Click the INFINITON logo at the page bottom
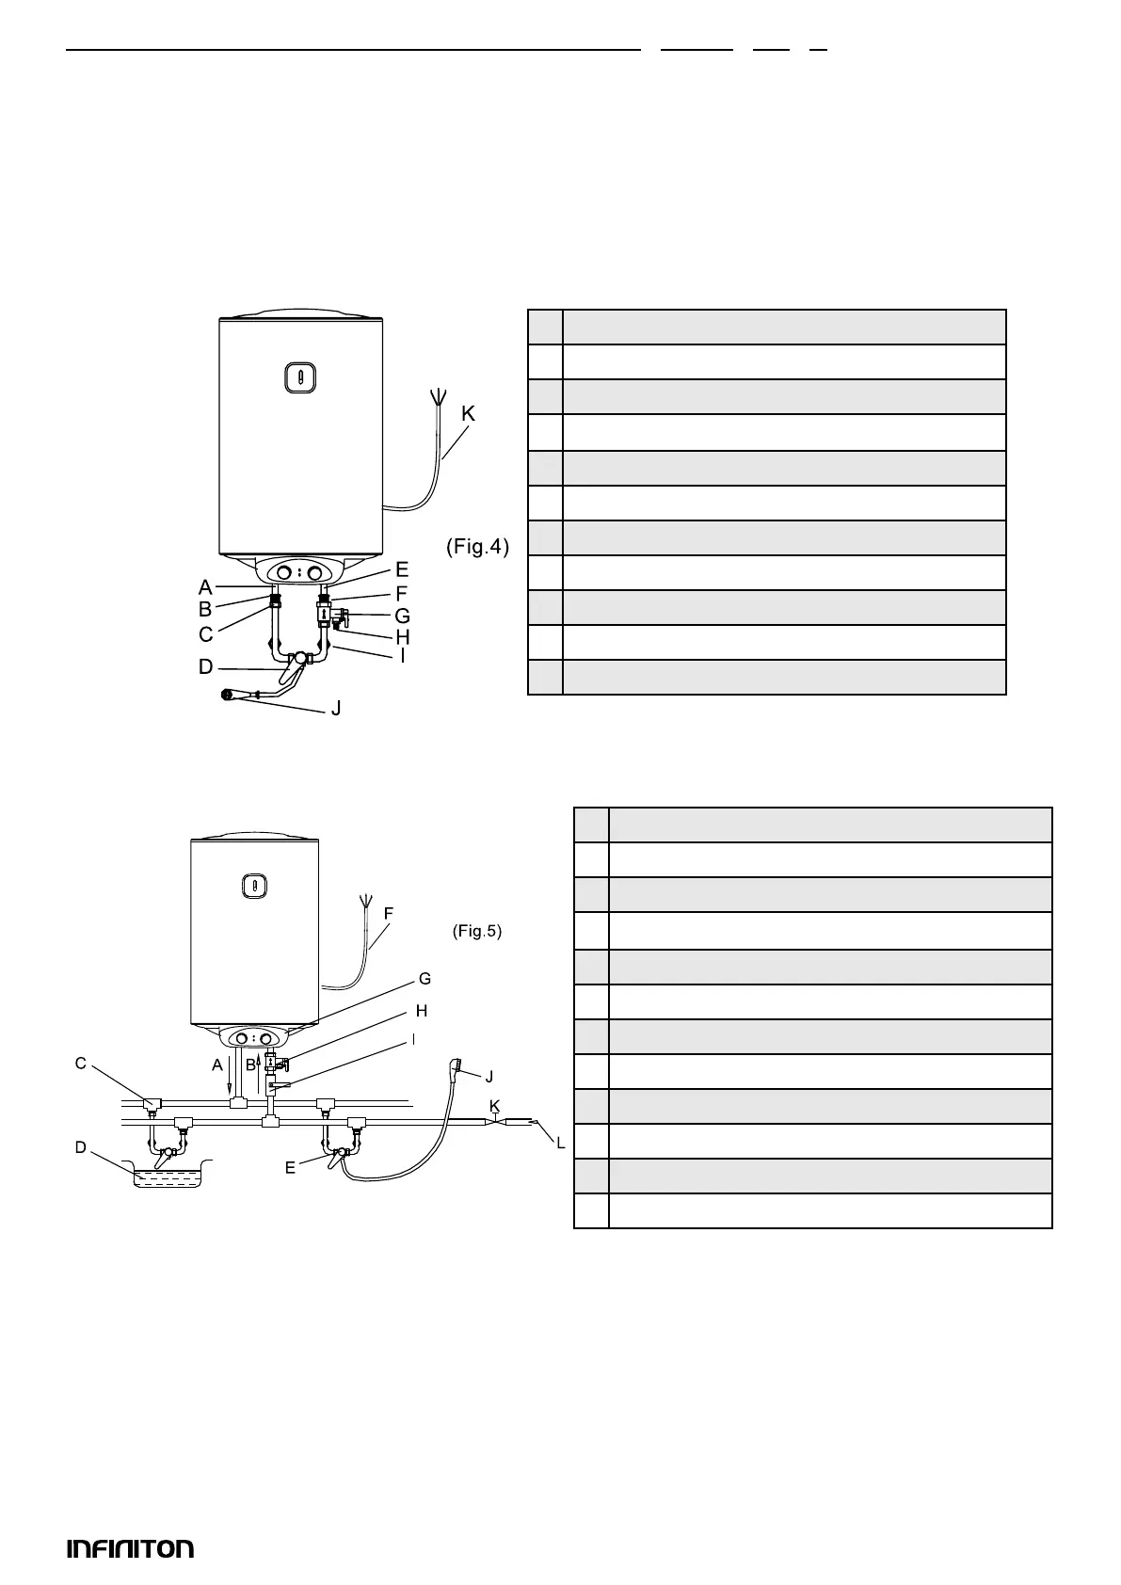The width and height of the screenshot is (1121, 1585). (130, 1548)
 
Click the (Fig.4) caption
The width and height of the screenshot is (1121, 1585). (477, 546)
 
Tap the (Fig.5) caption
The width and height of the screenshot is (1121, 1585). (477, 931)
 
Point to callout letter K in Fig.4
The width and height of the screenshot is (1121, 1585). (467, 412)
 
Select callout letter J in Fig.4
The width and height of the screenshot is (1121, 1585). (335, 708)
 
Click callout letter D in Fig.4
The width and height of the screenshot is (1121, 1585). (205, 667)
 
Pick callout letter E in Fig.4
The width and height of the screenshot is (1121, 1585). (402, 568)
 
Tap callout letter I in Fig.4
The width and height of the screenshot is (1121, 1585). (403, 655)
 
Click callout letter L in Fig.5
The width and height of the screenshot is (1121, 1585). (561, 1143)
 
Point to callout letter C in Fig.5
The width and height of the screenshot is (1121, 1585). (81, 1064)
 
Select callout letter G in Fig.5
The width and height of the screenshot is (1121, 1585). (424, 979)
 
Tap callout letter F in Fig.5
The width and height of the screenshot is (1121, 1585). (388, 913)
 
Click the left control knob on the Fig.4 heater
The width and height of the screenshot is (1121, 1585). (284, 572)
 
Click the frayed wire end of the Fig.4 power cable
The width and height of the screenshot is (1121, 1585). (438, 396)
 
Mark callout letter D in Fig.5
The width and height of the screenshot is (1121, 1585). (81, 1147)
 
